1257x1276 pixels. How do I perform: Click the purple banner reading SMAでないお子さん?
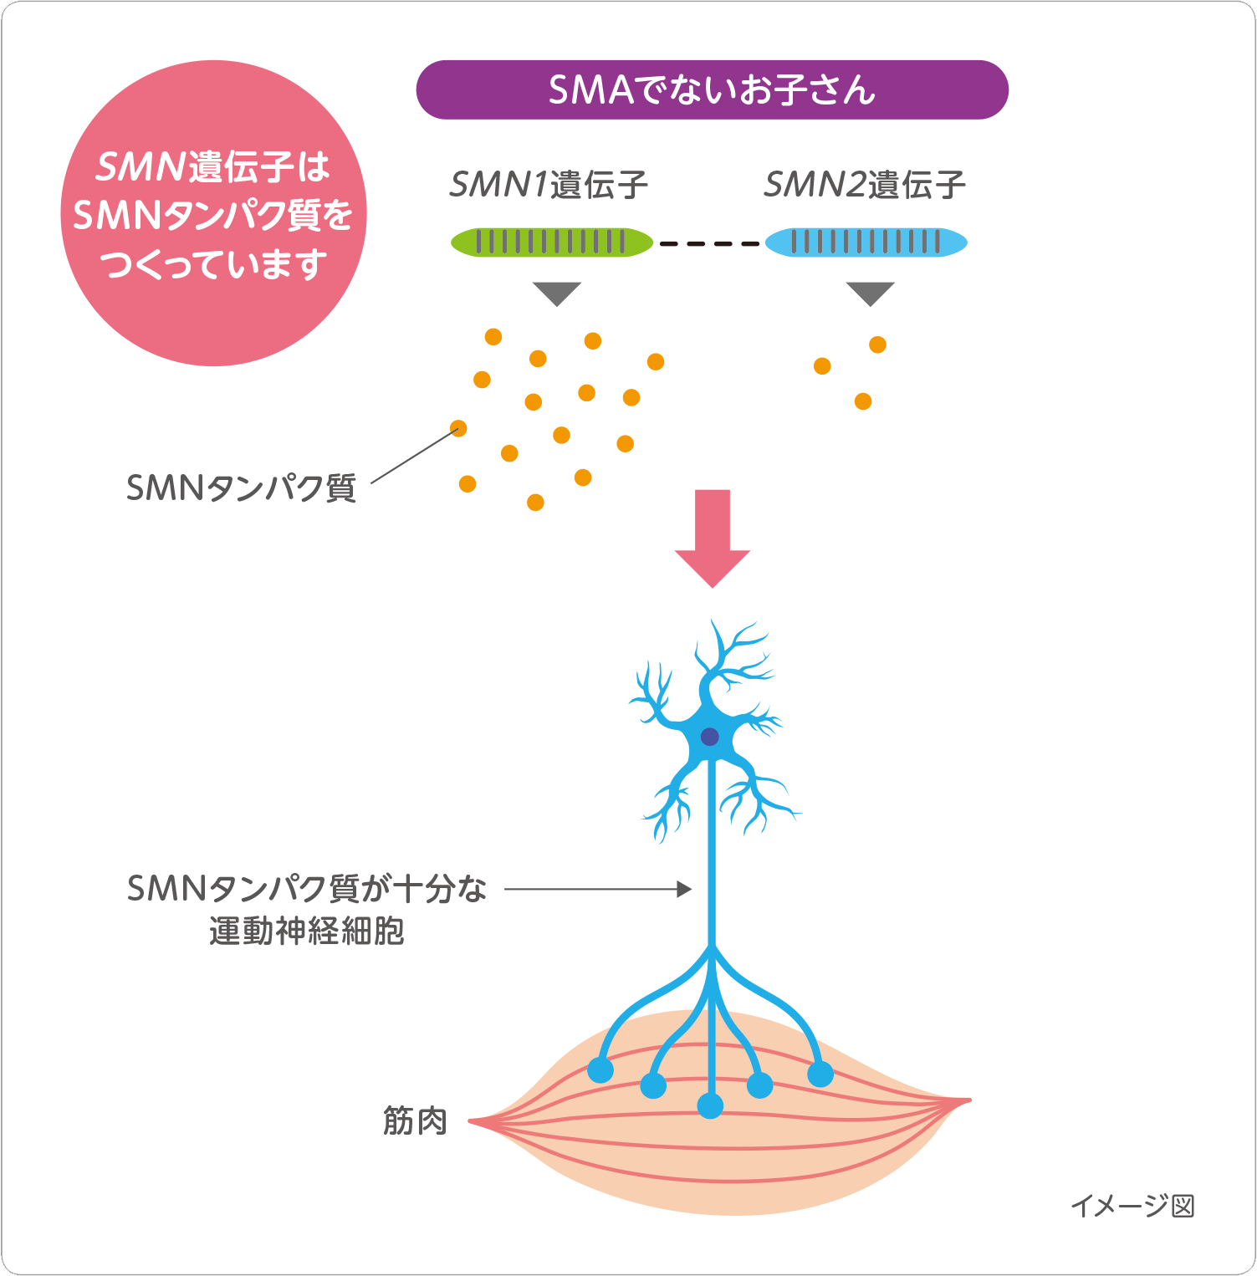[712, 89]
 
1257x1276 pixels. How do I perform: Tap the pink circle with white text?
[214, 213]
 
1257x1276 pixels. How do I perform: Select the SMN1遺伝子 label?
[549, 185]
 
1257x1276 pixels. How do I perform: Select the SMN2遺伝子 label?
[865, 185]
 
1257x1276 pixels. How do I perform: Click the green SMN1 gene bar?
[552, 242]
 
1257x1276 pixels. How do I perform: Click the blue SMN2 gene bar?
[866, 242]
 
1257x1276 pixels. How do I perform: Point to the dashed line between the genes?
[709, 243]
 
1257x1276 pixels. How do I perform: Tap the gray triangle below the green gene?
[557, 293]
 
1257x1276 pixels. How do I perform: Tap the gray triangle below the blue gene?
[871, 293]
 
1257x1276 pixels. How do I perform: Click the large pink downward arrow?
[713, 538]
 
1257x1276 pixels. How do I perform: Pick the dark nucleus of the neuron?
[710, 737]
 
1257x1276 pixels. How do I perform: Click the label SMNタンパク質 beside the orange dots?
[241, 487]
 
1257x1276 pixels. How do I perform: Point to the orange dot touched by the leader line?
[458, 429]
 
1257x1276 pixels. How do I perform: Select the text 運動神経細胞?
[307, 931]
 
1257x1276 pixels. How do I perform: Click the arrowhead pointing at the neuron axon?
[685, 889]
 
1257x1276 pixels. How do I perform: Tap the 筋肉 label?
[415, 1121]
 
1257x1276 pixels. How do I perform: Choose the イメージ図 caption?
[1132, 1206]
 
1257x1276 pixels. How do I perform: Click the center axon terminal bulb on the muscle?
[710, 1105]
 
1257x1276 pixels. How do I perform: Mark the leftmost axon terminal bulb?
[600, 1070]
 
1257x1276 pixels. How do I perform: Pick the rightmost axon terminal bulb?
[820, 1074]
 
